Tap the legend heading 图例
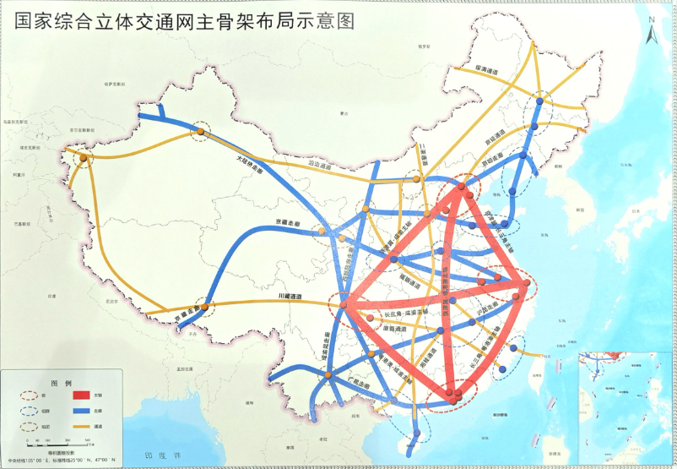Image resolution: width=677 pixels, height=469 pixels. (x=59, y=382)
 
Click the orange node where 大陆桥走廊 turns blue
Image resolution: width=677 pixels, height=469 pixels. (x=201, y=132)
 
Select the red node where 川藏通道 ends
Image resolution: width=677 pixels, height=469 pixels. (x=344, y=305)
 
